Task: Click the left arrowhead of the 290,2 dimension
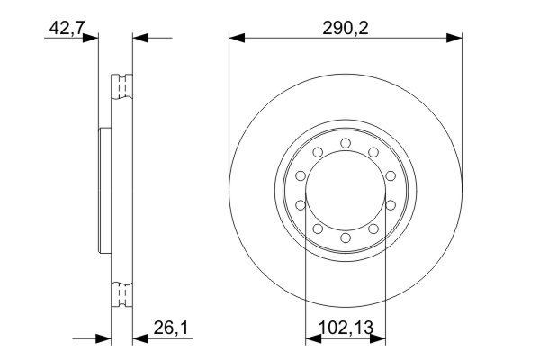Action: coord(237,38)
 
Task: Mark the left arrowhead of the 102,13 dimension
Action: coord(312,339)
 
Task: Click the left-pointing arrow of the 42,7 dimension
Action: coord(140,38)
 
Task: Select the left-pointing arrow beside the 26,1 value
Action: coord(140,339)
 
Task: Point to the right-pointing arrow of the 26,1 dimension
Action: coord(103,339)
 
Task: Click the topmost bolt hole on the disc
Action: coord(346,141)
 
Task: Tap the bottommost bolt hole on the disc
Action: coord(346,241)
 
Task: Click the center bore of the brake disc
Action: coord(346,192)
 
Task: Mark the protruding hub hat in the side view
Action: coord(103,192)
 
